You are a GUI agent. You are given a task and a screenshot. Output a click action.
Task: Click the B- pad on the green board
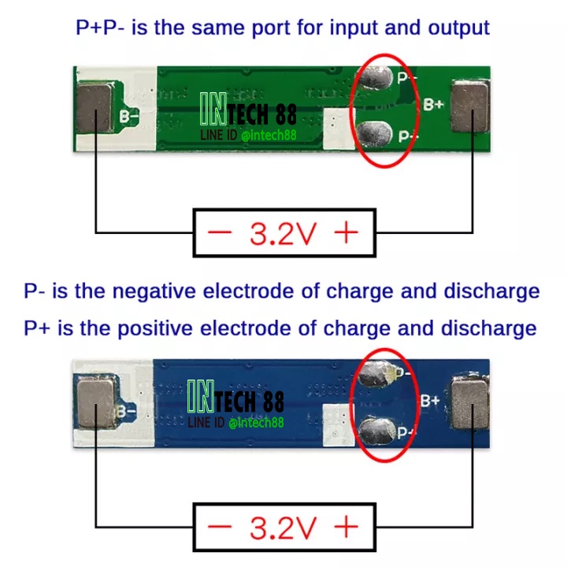95,107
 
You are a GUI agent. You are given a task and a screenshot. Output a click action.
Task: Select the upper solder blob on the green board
376,78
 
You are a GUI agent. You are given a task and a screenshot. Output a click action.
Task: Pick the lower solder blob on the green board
375,134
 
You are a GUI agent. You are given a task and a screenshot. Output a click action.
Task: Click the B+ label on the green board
433,105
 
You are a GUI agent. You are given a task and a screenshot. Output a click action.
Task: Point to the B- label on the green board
129,117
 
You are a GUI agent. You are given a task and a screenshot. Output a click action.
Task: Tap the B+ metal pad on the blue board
470,404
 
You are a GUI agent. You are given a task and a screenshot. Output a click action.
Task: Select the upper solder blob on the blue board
376,374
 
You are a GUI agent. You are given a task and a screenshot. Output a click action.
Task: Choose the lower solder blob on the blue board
376,430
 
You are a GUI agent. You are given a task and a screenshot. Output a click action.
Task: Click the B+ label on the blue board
430,400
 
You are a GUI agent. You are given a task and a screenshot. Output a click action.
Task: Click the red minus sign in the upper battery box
220,232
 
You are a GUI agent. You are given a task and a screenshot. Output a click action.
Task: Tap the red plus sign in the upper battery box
346,232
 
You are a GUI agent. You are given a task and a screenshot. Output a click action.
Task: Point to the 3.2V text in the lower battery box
283,528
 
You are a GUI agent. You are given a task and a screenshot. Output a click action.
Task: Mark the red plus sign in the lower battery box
346,527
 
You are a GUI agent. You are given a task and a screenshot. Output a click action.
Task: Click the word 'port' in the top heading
271,28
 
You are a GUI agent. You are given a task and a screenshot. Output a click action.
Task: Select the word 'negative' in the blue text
154,291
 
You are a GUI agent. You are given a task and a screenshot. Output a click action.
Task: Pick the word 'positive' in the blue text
155,328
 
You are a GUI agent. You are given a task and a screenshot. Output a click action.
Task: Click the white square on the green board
339,129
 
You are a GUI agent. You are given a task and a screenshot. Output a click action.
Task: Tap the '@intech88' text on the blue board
257,422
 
